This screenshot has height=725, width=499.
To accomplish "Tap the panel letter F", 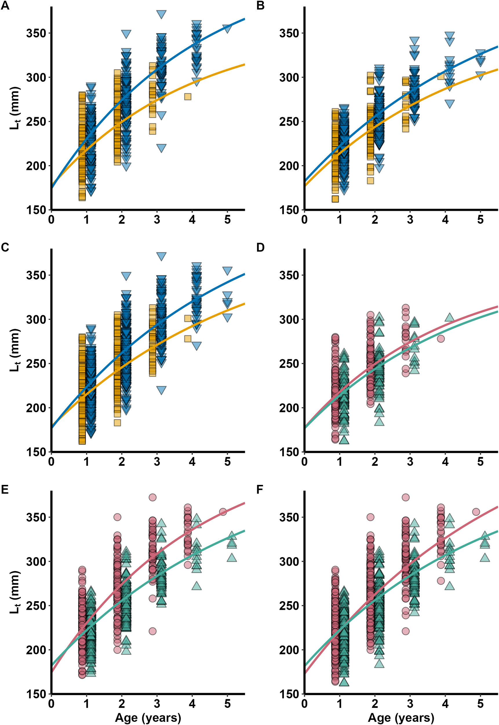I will tap(260, 490).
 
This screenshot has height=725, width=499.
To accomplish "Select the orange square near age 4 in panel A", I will tap(187, 97).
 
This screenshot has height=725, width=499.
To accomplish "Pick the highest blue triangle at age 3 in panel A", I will tap(161, 14).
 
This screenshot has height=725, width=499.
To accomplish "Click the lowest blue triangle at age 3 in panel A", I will tap(161, 148).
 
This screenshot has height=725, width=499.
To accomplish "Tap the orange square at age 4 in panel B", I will tap(441, 76).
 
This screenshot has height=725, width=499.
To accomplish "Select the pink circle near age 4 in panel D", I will tap(441, 338).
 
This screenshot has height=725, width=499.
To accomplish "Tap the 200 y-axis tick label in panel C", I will tap(35, 408).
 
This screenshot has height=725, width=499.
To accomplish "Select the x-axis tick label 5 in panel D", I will tap(480, 462).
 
